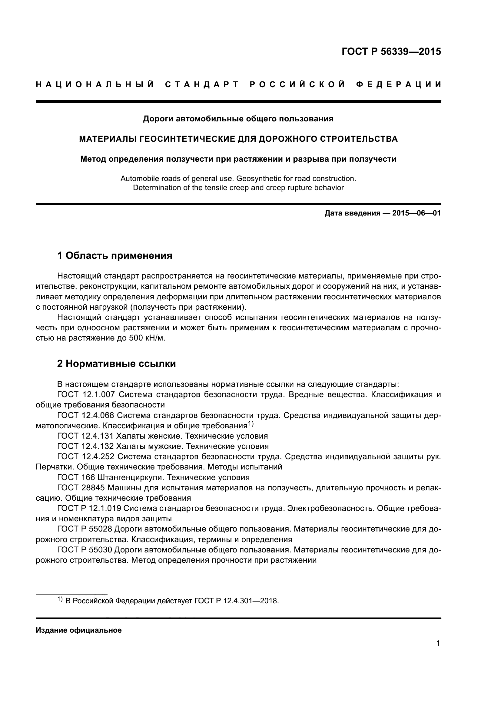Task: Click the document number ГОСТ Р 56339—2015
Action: (x=391, y=51)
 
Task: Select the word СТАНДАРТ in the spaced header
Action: (x=202, y=84)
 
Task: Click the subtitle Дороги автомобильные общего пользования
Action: (x=238, y=119)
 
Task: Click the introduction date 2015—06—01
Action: (x=416, y=213)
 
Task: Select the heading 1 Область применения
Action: (x=114, y=255)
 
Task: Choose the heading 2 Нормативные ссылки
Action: (x=116, y=364)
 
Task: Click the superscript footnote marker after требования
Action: (x=250, y=424)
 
